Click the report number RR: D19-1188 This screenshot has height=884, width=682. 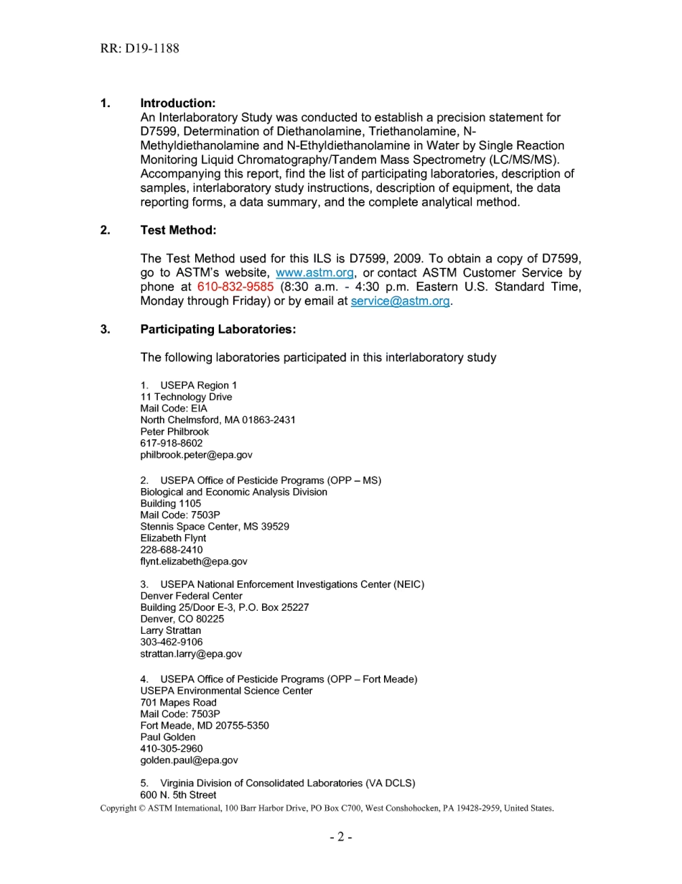(140, 49)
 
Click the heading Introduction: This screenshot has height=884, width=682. (178, 103)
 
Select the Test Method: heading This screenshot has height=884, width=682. (178, 231)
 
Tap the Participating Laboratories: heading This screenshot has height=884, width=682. (218, 330)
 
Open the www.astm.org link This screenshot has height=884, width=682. (314, 273)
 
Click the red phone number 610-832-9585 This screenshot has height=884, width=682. (235, 287)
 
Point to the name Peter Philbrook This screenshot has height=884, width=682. (174, 432)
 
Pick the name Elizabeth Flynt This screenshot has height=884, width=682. (173, 538)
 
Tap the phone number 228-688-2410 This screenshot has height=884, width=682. (172, 550)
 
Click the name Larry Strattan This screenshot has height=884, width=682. (171, 631)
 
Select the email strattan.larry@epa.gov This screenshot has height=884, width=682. (191, 654)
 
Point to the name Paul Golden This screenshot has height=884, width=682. (168, 737)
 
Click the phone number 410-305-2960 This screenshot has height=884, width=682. (172, 749)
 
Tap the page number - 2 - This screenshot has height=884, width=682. (341, 837)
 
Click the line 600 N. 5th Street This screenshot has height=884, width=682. (178, 795)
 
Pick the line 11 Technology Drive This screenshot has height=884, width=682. (186, 397)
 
